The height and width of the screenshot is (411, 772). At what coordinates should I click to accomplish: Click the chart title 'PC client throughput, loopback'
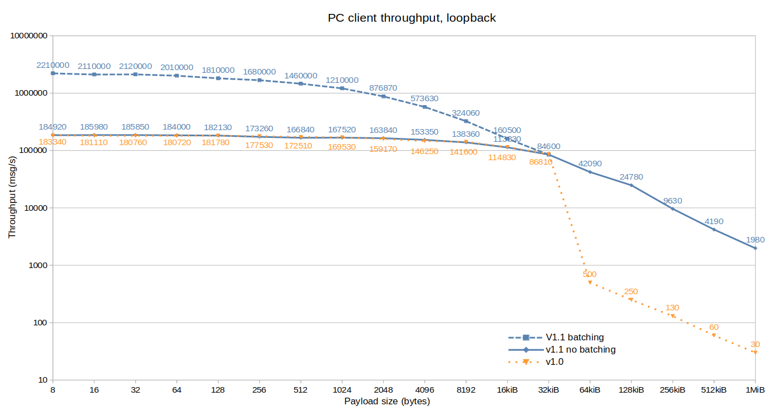pos(412,18)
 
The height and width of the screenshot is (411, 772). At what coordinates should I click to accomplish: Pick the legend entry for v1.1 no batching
pos(581,350)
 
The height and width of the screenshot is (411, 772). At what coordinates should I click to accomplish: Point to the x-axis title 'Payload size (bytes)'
pos(387,401)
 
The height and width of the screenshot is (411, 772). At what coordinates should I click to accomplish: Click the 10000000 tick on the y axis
pos(28,36)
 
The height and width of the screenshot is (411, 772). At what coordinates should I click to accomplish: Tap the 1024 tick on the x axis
pos(342,390)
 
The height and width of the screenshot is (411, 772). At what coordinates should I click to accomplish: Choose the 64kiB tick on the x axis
pos(590,390)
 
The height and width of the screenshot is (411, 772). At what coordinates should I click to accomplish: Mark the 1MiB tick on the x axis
pos(755,390)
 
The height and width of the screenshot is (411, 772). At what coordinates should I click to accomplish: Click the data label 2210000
pos(53,65)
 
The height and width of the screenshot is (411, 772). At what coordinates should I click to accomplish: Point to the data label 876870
pos(383,88)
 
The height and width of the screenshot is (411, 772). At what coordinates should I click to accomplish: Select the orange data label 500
pos(590,274)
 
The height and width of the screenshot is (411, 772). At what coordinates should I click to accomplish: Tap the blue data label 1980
pos(755,240)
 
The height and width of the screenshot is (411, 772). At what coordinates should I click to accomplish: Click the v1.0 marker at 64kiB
pos(590,283)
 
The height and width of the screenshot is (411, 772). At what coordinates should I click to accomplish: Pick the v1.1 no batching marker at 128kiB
pos(631,185)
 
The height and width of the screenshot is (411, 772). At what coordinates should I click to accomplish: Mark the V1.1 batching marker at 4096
pos(424,107)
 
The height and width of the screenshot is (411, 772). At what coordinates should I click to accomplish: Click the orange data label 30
pos(755,344)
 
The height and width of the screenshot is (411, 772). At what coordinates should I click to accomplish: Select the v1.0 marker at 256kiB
pos(672,316)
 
